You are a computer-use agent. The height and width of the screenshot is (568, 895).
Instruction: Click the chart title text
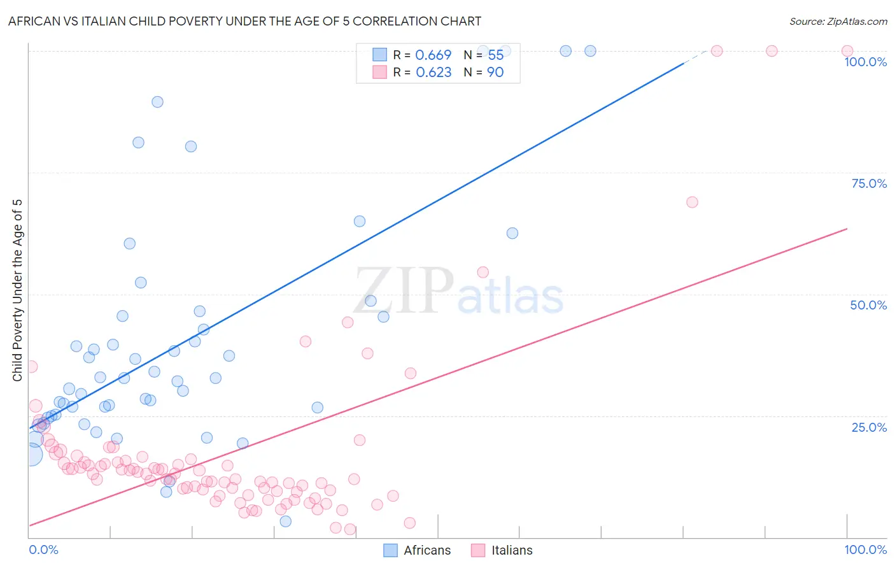244,21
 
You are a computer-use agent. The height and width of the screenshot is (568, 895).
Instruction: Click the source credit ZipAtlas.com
838,21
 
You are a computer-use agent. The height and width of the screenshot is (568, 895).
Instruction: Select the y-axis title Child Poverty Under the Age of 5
17,290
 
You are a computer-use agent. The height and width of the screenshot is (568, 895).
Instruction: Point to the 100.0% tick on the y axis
865,62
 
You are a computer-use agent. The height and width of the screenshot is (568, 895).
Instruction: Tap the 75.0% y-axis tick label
869,183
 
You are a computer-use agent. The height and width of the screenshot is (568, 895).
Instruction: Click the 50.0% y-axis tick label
868,305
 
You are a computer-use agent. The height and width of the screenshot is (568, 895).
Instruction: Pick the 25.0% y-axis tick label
869,427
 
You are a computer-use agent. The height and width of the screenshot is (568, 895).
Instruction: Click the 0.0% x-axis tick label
43,550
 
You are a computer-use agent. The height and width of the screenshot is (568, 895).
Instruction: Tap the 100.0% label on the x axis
865,550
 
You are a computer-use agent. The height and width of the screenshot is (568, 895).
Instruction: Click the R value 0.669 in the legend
433,55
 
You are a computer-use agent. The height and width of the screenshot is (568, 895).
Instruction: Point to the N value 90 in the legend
495,73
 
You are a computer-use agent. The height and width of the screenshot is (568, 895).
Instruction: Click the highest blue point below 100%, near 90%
157,102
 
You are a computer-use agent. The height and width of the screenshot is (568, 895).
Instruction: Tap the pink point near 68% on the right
692,202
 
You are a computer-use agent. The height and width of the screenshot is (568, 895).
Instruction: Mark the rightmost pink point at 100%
847,51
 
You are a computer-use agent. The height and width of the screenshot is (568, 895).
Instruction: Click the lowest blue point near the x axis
286,521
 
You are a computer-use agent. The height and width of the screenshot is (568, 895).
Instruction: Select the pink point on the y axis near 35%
31,367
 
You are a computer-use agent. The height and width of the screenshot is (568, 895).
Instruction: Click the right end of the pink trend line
847,228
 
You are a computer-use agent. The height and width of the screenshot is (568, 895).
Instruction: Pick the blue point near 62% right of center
512,233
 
